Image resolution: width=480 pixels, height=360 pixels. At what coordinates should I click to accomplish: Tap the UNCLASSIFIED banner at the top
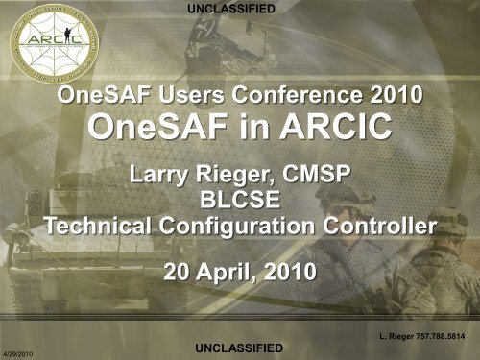pyautogui.click(x=238, y=9)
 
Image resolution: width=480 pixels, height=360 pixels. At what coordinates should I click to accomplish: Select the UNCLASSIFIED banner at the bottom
pyautogui.click(x=238, y=346)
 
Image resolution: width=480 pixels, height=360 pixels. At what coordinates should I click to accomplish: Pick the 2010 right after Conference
pyautogui.click(x=396, y=97)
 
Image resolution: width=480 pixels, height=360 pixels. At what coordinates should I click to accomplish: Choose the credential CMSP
pyautogui.click(x=320, y=174)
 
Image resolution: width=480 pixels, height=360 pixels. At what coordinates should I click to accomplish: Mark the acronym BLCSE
pyautogui.click(x=238, y=202)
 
